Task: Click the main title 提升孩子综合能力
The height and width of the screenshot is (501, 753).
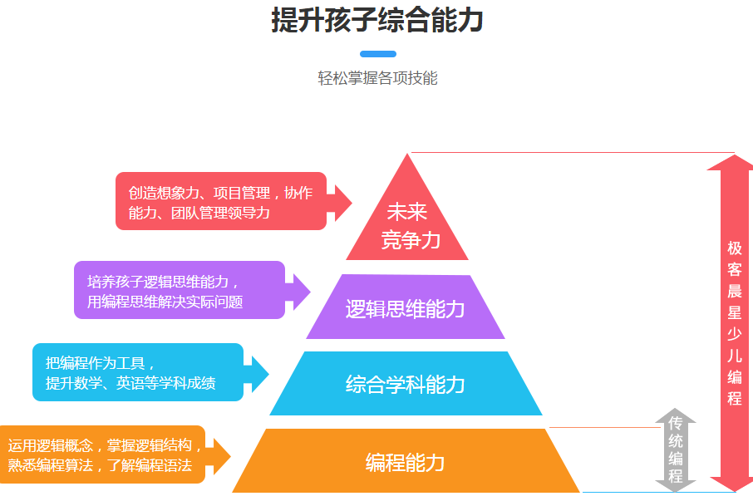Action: (x=376, y=20)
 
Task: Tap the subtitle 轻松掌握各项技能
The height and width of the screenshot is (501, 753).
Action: (x=376, y=79)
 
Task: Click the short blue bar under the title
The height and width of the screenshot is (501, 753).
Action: (x=376, y=54)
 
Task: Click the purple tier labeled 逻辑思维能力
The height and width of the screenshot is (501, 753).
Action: (x=405, y=309)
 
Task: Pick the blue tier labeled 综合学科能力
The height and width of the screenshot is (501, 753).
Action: (x=405, y=384)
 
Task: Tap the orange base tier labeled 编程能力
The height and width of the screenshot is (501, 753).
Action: (x=405, y=462)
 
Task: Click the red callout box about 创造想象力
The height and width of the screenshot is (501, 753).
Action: (x=219, y=202)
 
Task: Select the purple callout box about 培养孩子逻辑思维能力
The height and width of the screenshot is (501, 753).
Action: (x=179, y=290)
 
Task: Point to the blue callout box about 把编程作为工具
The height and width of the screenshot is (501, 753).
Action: (x=137, y=372)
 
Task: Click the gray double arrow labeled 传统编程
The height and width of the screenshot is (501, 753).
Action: (x=675, y=449)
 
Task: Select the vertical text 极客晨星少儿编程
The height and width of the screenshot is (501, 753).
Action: (x=734, y=323)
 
